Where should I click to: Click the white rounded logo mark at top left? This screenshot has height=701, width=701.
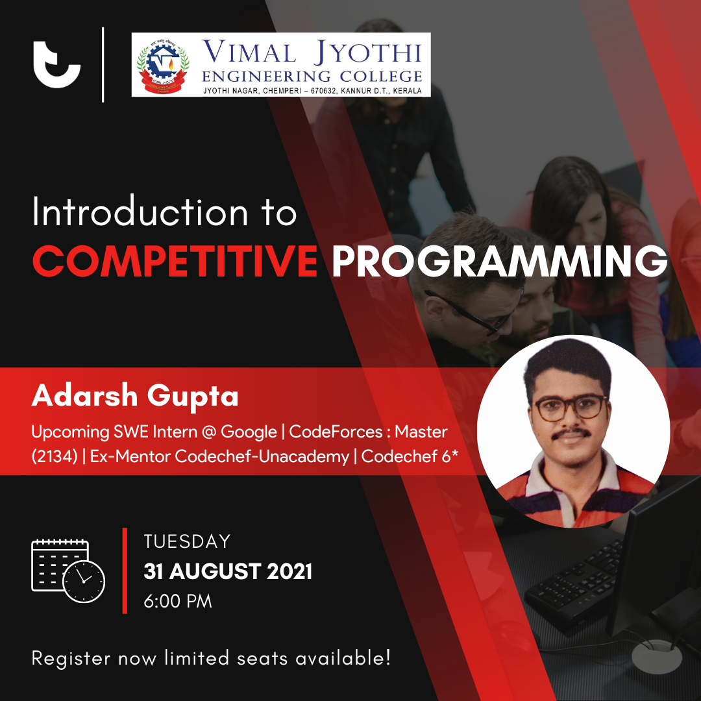point(56,65)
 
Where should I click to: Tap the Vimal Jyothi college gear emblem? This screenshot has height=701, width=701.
point(163,65)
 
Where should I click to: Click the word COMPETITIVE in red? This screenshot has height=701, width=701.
point(175,261)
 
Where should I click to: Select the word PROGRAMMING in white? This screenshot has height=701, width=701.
point(499,261)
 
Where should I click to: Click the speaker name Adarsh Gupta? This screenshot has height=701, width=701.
point(135,396)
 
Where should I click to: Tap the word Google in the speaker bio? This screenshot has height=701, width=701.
point(249,432)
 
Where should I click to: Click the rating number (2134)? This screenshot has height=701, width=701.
point(55,456)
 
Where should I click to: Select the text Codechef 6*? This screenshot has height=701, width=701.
point(410,456)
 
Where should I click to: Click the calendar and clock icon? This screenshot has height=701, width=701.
point(68,571)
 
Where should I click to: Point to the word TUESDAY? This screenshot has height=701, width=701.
point(187,541)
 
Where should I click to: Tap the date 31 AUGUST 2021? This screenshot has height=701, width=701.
point(228,571)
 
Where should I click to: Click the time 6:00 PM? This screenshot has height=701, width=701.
point(178,601)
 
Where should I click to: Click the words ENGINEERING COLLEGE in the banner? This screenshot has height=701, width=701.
point(312,77)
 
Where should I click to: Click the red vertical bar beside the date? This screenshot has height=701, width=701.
point(125,571)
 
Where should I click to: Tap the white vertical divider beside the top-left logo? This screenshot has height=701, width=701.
point(103,65)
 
